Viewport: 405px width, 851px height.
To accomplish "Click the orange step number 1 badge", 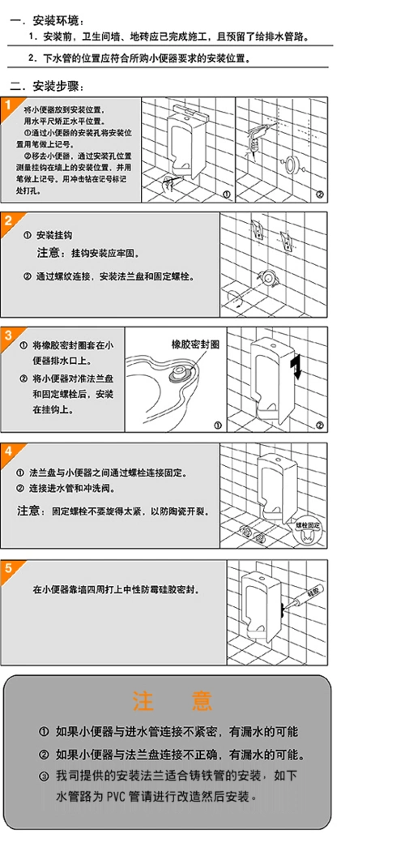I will pyautogui.click(x=8, y=105).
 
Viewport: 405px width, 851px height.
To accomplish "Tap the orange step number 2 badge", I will pyautogui.click(x=8, y=220).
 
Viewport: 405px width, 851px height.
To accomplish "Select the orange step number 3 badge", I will pyautogui.click(x=8, y=334).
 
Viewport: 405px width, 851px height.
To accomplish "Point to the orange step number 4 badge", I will pyautogui.click(x=8, y=450).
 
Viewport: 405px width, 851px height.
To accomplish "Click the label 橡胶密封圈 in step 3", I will pyautogui.click(x=195, y=344).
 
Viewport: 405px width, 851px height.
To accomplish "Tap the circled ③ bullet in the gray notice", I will pyautogui.click(x=45, y=776).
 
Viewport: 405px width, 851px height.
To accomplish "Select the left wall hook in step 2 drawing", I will pyautogui.click(x=256, y=228).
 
